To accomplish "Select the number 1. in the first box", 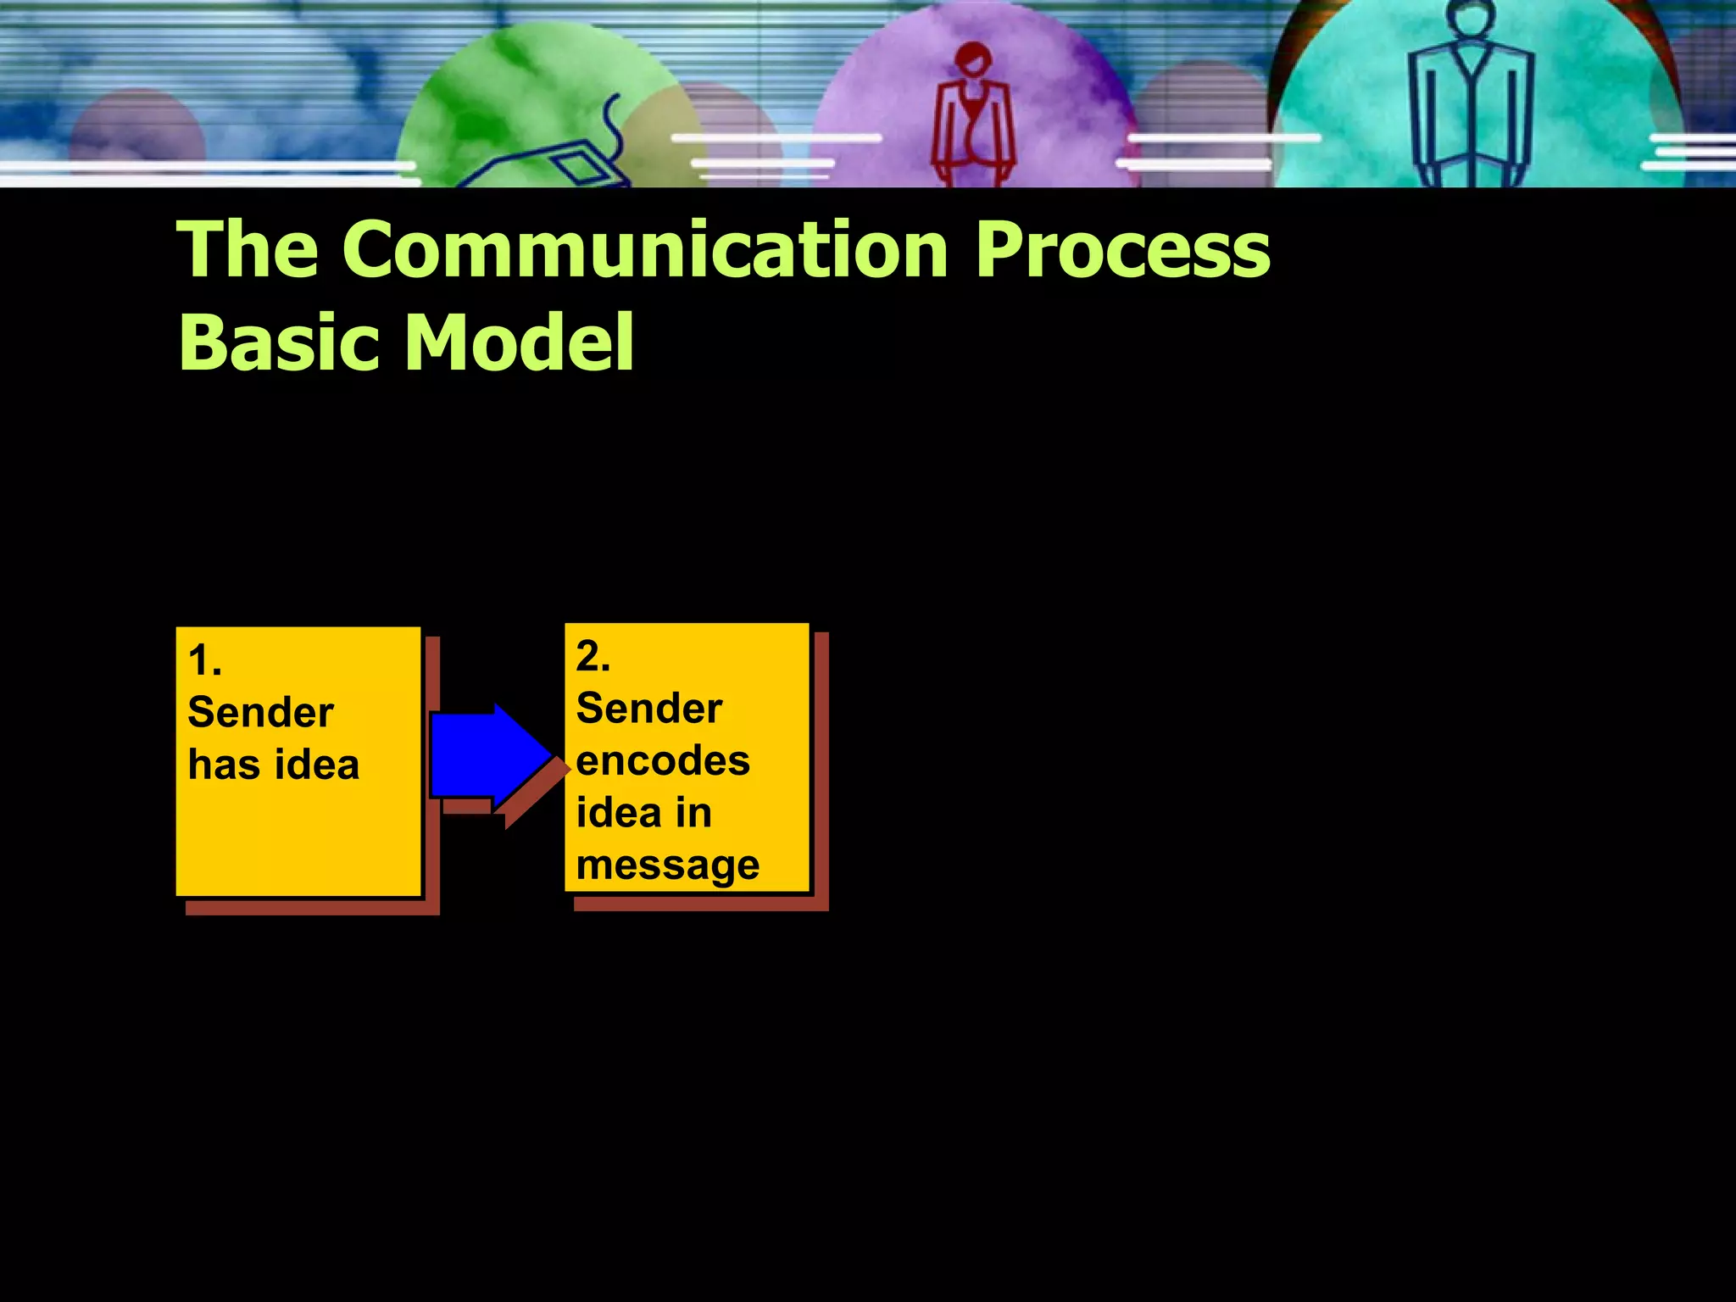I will [204, 661].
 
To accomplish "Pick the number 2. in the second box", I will [593, 657].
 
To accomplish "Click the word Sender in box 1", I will [260, 712].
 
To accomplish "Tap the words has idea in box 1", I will [273, 765].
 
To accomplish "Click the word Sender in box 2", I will [648, 709].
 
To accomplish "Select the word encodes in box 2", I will [662, 760].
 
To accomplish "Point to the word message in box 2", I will [667, 865].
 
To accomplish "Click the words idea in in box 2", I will [643, 813].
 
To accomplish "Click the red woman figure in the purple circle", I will [973, 119].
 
